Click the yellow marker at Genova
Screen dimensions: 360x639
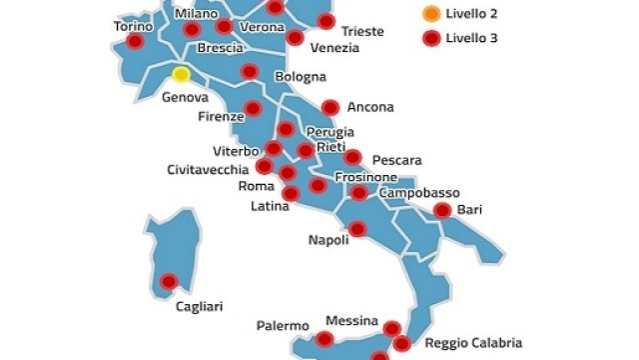point(181,73)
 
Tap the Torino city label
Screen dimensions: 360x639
point(133,26)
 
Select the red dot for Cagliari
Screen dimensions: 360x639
point(169,282)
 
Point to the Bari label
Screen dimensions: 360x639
point(468,210)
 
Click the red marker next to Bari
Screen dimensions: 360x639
point(441,210)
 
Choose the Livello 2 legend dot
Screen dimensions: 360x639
point(430,15)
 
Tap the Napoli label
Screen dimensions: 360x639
point(328,241)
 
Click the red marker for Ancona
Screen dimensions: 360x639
point(329,107)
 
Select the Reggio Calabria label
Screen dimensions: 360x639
point(472,343)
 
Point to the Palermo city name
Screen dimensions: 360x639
point(282,326)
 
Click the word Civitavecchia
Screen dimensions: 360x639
point(208,169)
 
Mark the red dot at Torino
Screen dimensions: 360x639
point(135,43)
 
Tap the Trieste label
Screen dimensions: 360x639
point(361,31)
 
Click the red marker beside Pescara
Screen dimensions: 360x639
point(351,157)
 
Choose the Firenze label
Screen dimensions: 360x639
point(221,117)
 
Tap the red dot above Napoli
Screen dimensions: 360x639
point(356,229)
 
